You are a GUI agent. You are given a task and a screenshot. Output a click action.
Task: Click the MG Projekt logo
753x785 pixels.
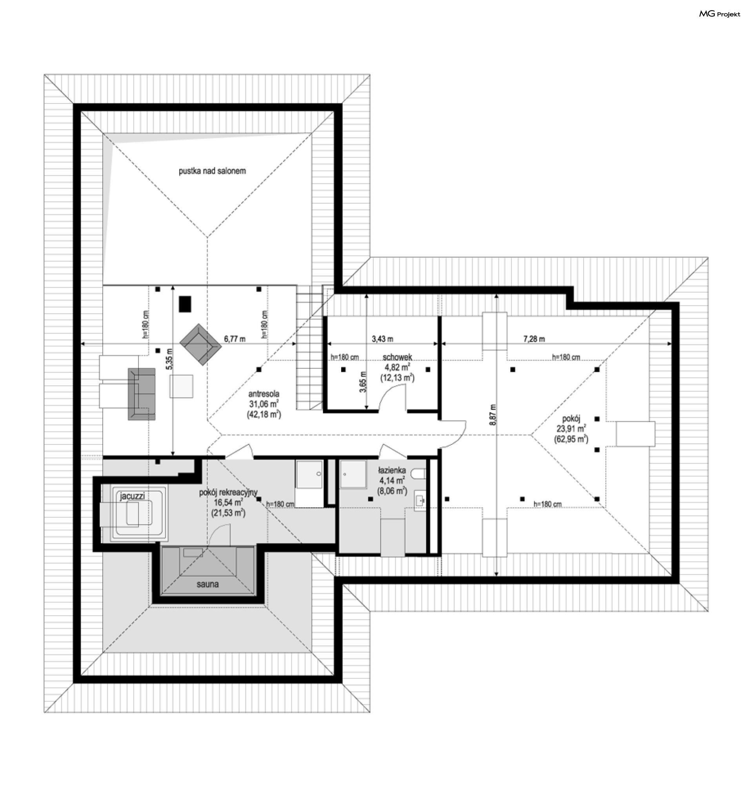tap(719, 14)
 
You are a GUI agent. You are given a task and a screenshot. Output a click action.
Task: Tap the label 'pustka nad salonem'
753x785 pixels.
tap(212, 171)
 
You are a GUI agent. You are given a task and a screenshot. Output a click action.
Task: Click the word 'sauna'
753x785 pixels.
tap(207, 584)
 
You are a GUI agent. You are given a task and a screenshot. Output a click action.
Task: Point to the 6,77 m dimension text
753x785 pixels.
tap(235, 339)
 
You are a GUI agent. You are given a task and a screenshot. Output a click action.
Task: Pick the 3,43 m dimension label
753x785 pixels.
tap(382, 339)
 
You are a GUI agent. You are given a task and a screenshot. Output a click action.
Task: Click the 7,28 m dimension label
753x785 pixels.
tap(534, 339)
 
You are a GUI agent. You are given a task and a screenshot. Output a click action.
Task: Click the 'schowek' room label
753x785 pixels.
tap(397, 357)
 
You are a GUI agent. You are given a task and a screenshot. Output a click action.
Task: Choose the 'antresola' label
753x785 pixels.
tap(264, 393)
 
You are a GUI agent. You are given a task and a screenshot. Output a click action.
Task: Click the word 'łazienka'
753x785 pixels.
tap(392, 470)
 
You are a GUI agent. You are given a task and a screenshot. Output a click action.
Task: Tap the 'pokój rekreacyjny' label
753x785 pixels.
tap(228, 492)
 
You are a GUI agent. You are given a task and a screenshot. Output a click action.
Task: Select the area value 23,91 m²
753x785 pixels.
tap(571, 428)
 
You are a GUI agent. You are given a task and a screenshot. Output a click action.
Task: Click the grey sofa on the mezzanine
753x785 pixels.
tap(142, 394)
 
